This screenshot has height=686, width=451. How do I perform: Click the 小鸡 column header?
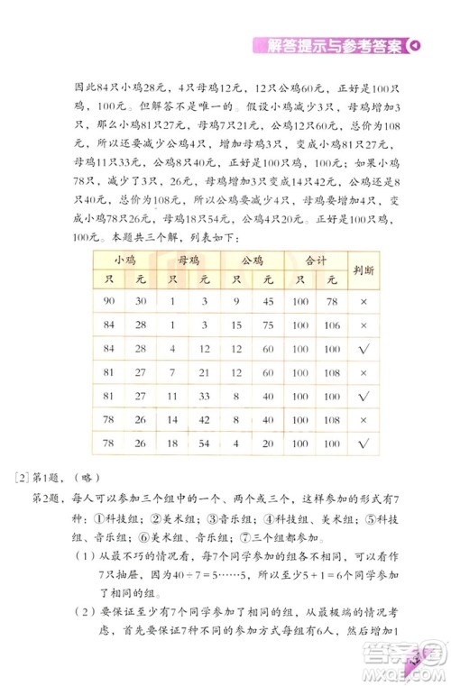(124, 260)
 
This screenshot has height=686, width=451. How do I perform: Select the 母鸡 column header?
(188, 260)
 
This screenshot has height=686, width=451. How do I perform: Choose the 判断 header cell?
(364, 268)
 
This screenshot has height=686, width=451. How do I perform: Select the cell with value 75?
(269, 325)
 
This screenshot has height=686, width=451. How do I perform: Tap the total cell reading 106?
(332, 325)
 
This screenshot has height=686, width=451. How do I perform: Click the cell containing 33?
(204, 395)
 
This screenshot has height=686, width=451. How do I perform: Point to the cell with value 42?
(204, 418)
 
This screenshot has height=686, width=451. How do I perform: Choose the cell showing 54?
(204, 442)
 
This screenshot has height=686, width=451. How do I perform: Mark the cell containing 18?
(171, 442)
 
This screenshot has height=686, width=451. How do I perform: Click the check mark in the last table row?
(364, 442)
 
